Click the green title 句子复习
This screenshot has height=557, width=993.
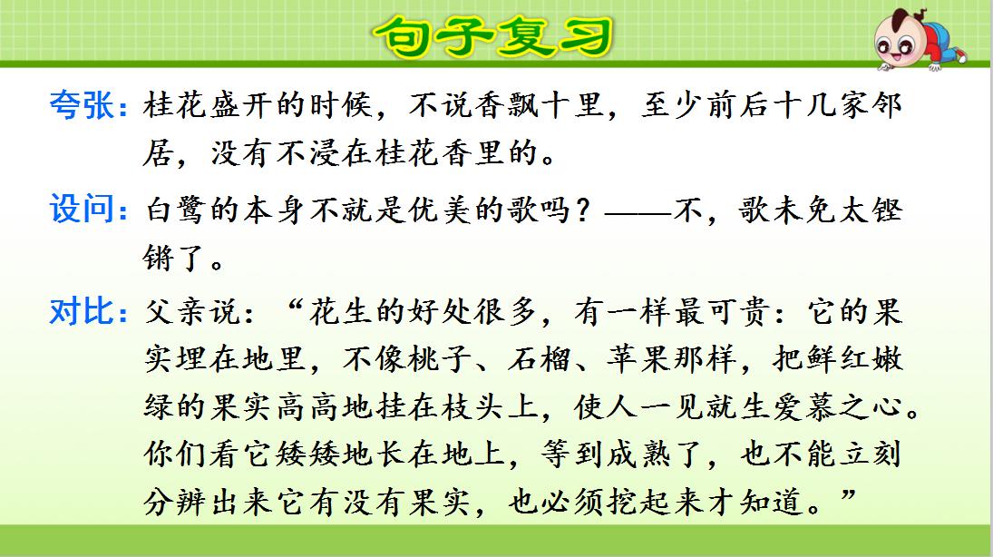494,36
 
